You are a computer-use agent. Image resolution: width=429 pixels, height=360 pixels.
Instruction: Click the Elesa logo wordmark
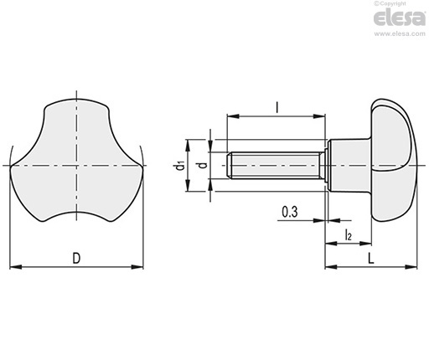point(399,18)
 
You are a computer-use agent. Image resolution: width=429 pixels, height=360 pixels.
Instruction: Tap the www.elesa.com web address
point(400,33)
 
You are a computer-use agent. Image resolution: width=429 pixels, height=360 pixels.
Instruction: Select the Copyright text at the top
point(390,3)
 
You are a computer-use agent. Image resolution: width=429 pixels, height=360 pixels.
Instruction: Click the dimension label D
point(76,258)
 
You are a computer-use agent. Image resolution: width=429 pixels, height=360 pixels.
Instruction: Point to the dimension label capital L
point(370,259)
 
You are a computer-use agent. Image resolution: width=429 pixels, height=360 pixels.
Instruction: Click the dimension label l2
point(348,234)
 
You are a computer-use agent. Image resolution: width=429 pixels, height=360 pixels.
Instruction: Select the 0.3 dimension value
point(290,212)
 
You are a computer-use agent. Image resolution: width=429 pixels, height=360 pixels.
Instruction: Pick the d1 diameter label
point(179,165)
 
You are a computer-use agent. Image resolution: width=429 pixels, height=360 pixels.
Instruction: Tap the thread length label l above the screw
point(277,107)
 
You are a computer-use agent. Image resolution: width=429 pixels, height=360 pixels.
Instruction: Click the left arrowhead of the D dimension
point(16,267)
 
